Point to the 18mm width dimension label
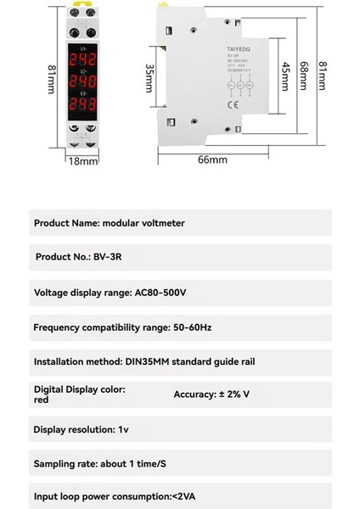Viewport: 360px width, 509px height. point(82,159)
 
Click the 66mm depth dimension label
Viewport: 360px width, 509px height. point(212,159)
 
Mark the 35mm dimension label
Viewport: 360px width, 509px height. point(150,78)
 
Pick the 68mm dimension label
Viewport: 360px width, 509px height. point(304,78)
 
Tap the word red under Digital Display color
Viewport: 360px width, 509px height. point(41,400)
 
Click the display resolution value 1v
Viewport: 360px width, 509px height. point(124,429)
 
